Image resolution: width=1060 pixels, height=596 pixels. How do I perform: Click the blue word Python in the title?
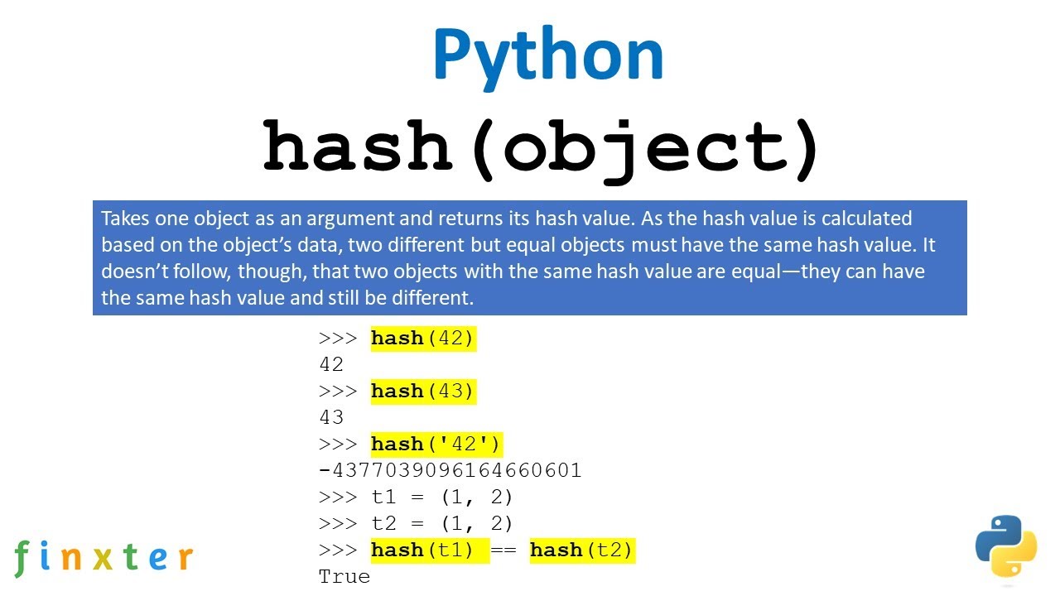click(x=547, y=55)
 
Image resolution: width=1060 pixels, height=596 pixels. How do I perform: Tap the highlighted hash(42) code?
click(x=423, y=338)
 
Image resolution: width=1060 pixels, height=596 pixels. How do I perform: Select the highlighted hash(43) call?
click(x=423, y=391)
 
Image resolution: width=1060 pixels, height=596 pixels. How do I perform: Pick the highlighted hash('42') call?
click(x=436, y=444)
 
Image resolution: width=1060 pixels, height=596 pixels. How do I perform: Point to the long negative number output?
click(x=450, y=470)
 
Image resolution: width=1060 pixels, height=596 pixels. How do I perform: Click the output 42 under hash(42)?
click(x=330, y=364)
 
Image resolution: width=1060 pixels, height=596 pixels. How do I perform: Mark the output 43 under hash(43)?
click(x=330, y=417)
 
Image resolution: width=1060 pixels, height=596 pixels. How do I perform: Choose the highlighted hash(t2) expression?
click(x=581, y=550)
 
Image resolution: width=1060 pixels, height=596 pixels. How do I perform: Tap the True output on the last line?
click(x=344, y=576)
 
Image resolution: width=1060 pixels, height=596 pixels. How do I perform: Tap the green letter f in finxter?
click(x=22, y=556)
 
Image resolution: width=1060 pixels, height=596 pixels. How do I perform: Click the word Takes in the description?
click(x=123, y=219)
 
